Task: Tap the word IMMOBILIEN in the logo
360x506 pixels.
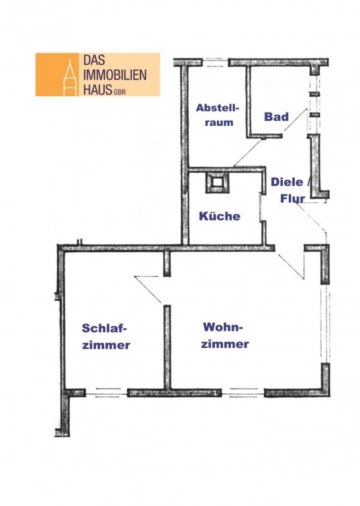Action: (115, 75)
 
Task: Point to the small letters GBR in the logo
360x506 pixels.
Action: (119, 92)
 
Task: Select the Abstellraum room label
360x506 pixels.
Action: (218, 115)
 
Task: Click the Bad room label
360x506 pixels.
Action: (276, 117)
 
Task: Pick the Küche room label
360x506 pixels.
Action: (220, 215)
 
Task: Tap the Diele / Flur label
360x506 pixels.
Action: (291, 190)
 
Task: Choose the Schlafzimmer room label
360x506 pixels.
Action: (106, 336)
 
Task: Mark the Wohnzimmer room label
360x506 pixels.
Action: (225, 335)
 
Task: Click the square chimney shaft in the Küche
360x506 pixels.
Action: (218, 183)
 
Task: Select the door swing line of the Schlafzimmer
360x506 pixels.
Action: (148, 289)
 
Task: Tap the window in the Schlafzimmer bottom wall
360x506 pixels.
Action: (107, 393)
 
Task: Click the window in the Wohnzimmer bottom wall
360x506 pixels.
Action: (243, 393)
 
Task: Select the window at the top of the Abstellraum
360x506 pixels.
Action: (215, 63)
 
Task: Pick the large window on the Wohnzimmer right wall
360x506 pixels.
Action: (326, 323)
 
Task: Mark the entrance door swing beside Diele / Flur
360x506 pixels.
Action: (311, 218)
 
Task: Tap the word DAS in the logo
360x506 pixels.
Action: (94, 60)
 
